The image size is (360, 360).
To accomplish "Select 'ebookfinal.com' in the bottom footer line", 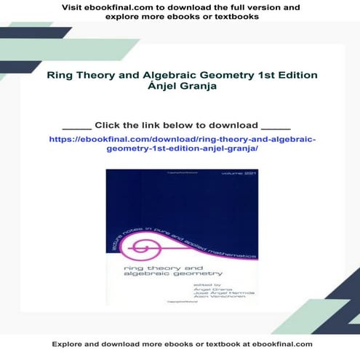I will (x=279, y=344).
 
